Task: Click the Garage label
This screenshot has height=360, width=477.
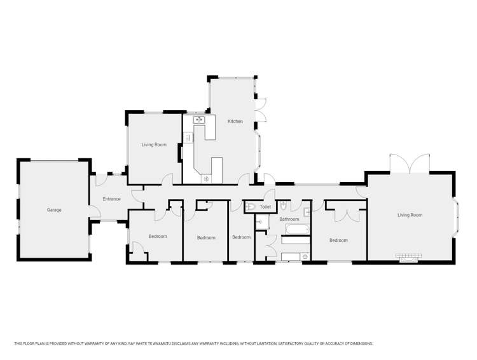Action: coord(54,210)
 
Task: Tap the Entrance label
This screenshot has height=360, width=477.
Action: coord(111,199)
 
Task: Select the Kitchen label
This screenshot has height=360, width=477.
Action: coord(235,121)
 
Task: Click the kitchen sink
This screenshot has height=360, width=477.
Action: coord(199,119)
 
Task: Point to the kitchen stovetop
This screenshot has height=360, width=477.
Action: coord(206,179)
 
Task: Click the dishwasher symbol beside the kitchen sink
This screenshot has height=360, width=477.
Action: coord(188,137)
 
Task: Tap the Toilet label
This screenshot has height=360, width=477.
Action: coord(265,207)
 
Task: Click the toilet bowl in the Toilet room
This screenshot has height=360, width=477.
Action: coord(250,207)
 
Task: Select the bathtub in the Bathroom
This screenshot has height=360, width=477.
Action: coord(294,230)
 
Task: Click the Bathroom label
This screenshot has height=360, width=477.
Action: coord(289,219)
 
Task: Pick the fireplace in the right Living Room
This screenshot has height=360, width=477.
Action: coord(408,257)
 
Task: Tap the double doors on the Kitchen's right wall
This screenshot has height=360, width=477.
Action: coord(261,108)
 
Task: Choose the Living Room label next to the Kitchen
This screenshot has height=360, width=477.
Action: coord(153,145)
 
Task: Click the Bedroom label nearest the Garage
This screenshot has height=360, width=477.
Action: coord(158,237)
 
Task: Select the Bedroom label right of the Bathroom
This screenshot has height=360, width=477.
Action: coord(338,240)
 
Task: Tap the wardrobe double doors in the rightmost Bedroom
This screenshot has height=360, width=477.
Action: coord(347,214)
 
